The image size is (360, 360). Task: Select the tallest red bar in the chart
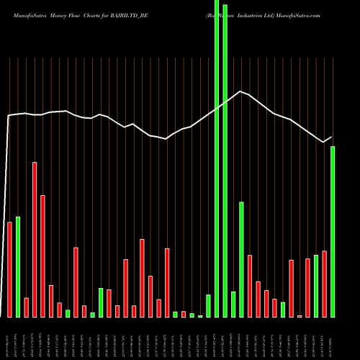35,239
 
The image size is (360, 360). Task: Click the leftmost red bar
10,269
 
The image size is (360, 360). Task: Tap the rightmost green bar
333,231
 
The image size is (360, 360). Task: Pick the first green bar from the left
18,266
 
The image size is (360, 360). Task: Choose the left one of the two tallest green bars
217,158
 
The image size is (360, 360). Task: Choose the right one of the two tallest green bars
225,161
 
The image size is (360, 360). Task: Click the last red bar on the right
324,284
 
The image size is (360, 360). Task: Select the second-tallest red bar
42,256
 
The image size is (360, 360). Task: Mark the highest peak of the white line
240,91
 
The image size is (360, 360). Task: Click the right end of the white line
332,137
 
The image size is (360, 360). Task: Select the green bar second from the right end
316,286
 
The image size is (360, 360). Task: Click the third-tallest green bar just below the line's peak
241,259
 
